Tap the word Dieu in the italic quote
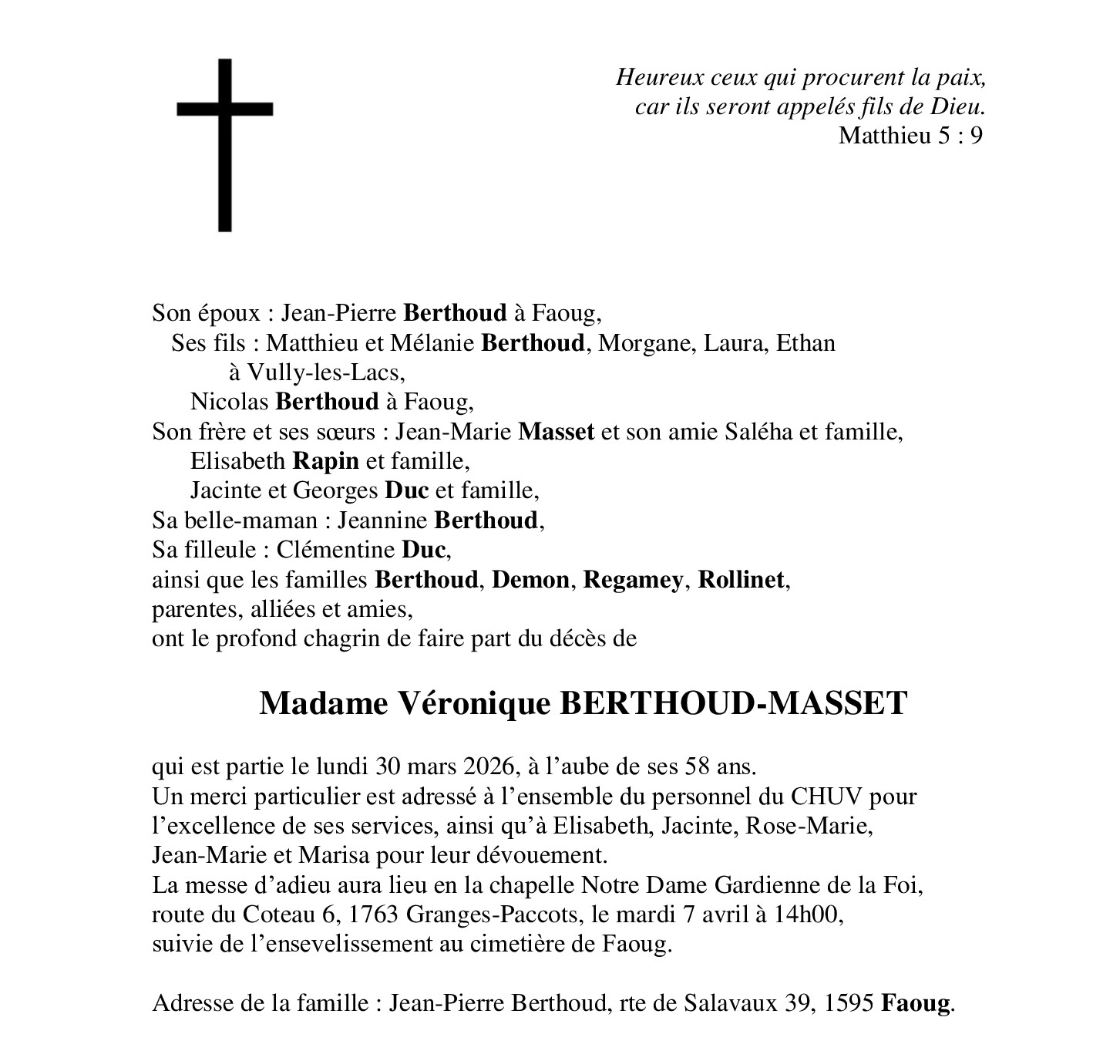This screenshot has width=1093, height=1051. tap(965, 106)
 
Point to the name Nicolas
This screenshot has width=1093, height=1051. tap(230, 402)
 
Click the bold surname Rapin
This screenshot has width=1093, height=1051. tap(325, 461)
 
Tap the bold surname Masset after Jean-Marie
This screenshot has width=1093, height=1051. tap(556, 431)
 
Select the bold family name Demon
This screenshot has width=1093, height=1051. tap(531, 580)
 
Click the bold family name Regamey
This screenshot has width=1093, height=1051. tap(632, 580)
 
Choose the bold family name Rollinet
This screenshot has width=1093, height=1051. tap(741, 580)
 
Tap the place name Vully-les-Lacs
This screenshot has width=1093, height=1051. tap(325, 372)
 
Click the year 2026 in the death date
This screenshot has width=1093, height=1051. tap(489, 766)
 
